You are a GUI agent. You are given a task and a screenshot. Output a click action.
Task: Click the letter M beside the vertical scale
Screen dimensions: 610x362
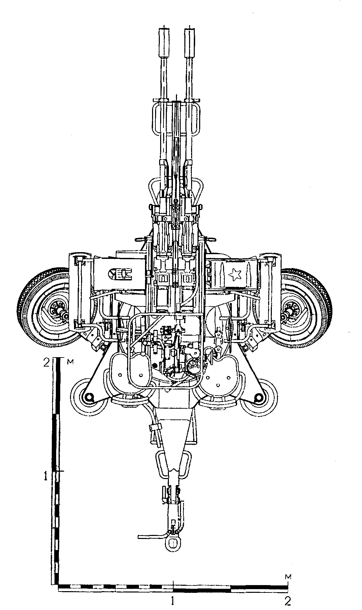pos(69,362)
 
